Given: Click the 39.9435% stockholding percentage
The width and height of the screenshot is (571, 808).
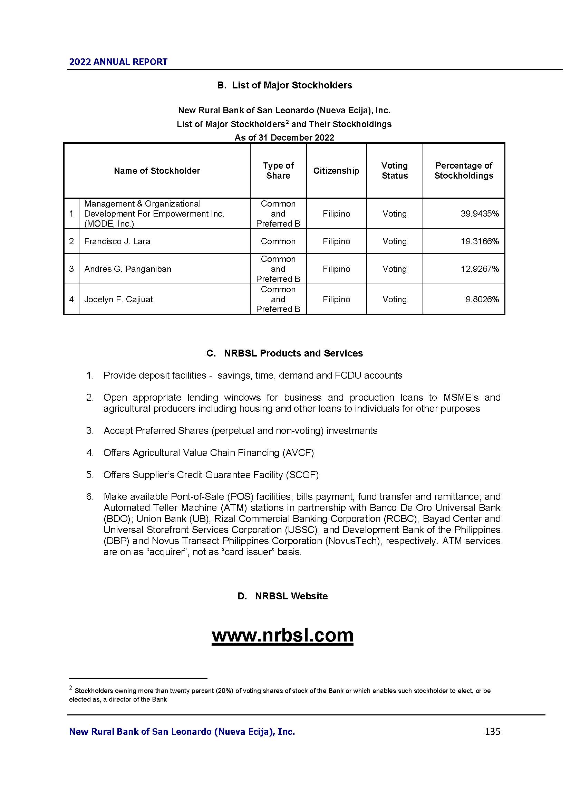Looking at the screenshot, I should pyautogui.click(x=480, y=213).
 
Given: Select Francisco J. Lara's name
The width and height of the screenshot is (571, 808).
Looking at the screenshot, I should pyautogui.click(x=117, y=241).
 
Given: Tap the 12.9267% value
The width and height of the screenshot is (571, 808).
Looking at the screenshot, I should pyautogui.click(x=480, y=269).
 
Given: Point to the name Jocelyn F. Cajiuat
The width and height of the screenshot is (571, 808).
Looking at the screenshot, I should pyautogui.click(x=118, y=300).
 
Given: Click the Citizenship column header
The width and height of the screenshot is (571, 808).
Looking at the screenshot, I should pyautogui.click(x=336, y=171).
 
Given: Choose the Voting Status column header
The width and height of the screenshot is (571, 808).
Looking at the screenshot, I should pyautogui.click(x=395, y=171).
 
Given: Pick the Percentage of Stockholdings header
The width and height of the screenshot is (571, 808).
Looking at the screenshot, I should pyautogui.click(x=463, y=171).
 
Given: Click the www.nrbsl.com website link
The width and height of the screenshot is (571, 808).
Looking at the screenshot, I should pyautogui.click(x=282, y=635).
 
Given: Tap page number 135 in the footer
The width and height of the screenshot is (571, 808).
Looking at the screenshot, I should pyautogui.click(x=492, y=732).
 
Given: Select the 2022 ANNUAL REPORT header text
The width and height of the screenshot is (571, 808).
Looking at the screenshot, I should pyautogui.click(x=118, y=62).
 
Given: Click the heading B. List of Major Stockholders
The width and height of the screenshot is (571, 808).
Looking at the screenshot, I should pyautogui.click(x=284, y=85).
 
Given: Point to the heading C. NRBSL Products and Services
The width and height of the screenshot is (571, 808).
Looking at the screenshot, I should pyautogui.click(x=284, y=353).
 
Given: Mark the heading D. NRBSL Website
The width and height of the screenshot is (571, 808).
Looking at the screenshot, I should pyautogui.click(x=282, y=596).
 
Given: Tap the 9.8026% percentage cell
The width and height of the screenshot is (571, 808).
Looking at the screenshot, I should pyautogui.click(x=482, y=300).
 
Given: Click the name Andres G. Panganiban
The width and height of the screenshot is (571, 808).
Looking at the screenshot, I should pyautogui.click(x=128, y=269).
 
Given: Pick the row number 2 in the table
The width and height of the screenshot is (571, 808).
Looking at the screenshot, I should pyautogui.click(x=71, y=241).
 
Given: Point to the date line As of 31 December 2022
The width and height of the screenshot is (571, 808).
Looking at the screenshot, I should pyautogui.click(x=284, y=137).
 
